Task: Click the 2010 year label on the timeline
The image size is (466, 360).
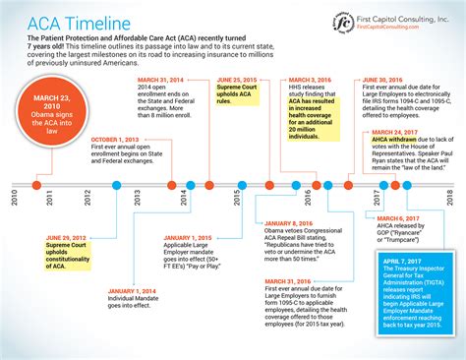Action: (14, 196)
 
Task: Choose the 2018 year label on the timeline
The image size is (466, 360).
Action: (449, 196)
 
